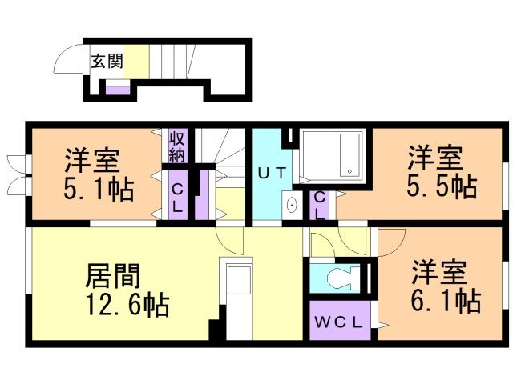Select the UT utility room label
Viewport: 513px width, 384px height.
pos(269,170)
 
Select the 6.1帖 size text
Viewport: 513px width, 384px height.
pos(446,302)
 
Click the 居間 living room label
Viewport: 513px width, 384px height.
pos(113,276)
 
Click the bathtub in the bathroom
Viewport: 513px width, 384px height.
pos(350,156)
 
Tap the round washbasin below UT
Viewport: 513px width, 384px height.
pos(293,205)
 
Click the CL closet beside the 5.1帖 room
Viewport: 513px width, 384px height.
pos(177,195)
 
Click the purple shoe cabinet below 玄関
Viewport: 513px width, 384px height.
pos(117,89)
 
